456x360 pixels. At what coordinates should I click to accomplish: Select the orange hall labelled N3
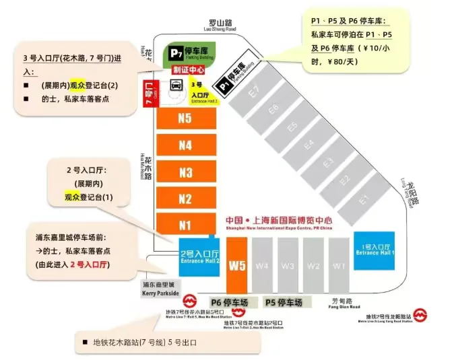(x=185, y=172)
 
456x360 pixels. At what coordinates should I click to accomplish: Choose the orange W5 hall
(x=237, y=265)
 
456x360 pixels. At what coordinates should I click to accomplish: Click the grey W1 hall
(x=339, y=264)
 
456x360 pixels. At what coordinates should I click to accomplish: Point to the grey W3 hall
(x=288, y=264)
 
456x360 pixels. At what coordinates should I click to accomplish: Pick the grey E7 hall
(x=255, y=92)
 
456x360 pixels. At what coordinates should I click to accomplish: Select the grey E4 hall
(x=308, y=145)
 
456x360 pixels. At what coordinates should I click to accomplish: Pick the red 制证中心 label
(x=187, y=70)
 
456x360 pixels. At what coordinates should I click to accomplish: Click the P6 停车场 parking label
(x=232, y=301)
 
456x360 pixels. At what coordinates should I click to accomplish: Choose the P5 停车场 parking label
(x=284, y=301)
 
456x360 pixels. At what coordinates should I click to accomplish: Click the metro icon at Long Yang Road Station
(x=420, y=314)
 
